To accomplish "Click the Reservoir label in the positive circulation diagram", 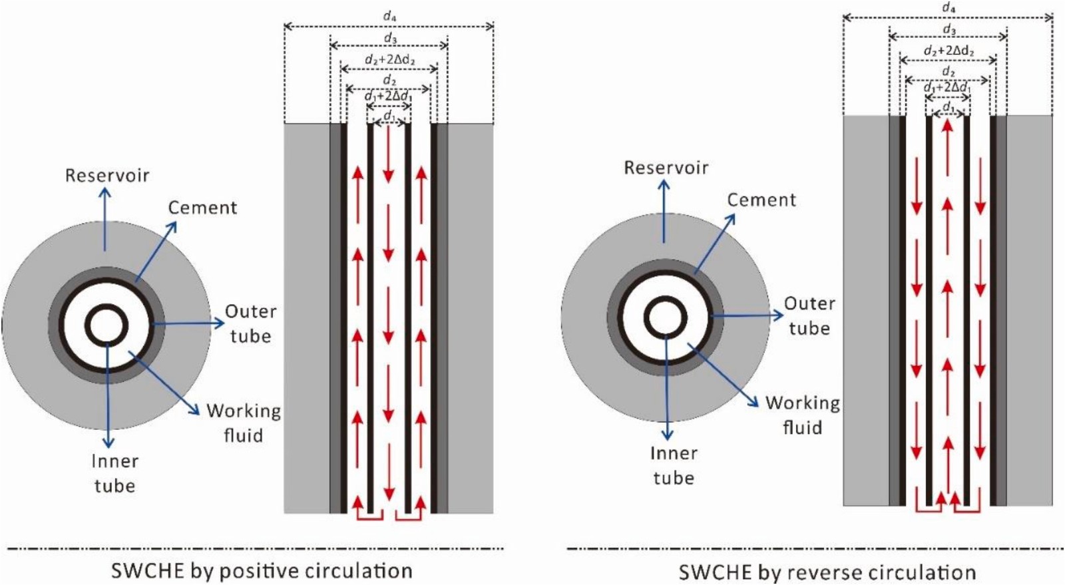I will [x=107, y=176].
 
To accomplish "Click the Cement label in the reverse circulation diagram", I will [x=761, y=200].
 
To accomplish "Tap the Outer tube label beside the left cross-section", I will [x=250, y=323].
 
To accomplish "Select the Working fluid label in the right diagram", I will [x=802, y=415].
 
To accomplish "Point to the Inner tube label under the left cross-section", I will [x=114, y=473].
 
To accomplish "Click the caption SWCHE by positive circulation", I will [x=262, y=571].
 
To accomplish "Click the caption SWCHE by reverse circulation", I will [x=827, y=572].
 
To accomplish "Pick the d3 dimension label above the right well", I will [x=949, y=30].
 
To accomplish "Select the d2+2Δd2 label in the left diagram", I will [x=389, y=60].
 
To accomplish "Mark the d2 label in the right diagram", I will [x=948, y=71].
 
